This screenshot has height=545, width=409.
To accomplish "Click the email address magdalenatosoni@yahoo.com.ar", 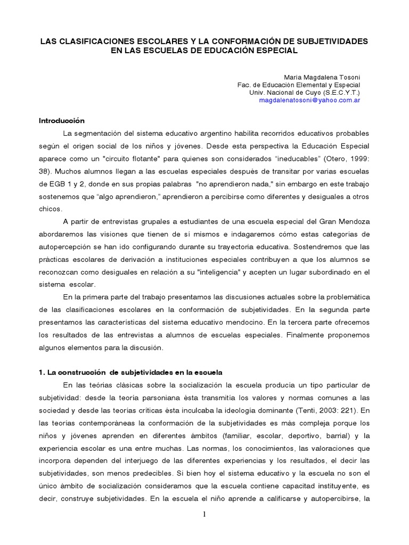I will (309, 100).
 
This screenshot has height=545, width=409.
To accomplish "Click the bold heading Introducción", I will (62, 121).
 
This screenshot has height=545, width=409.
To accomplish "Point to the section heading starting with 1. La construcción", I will (131, 372).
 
